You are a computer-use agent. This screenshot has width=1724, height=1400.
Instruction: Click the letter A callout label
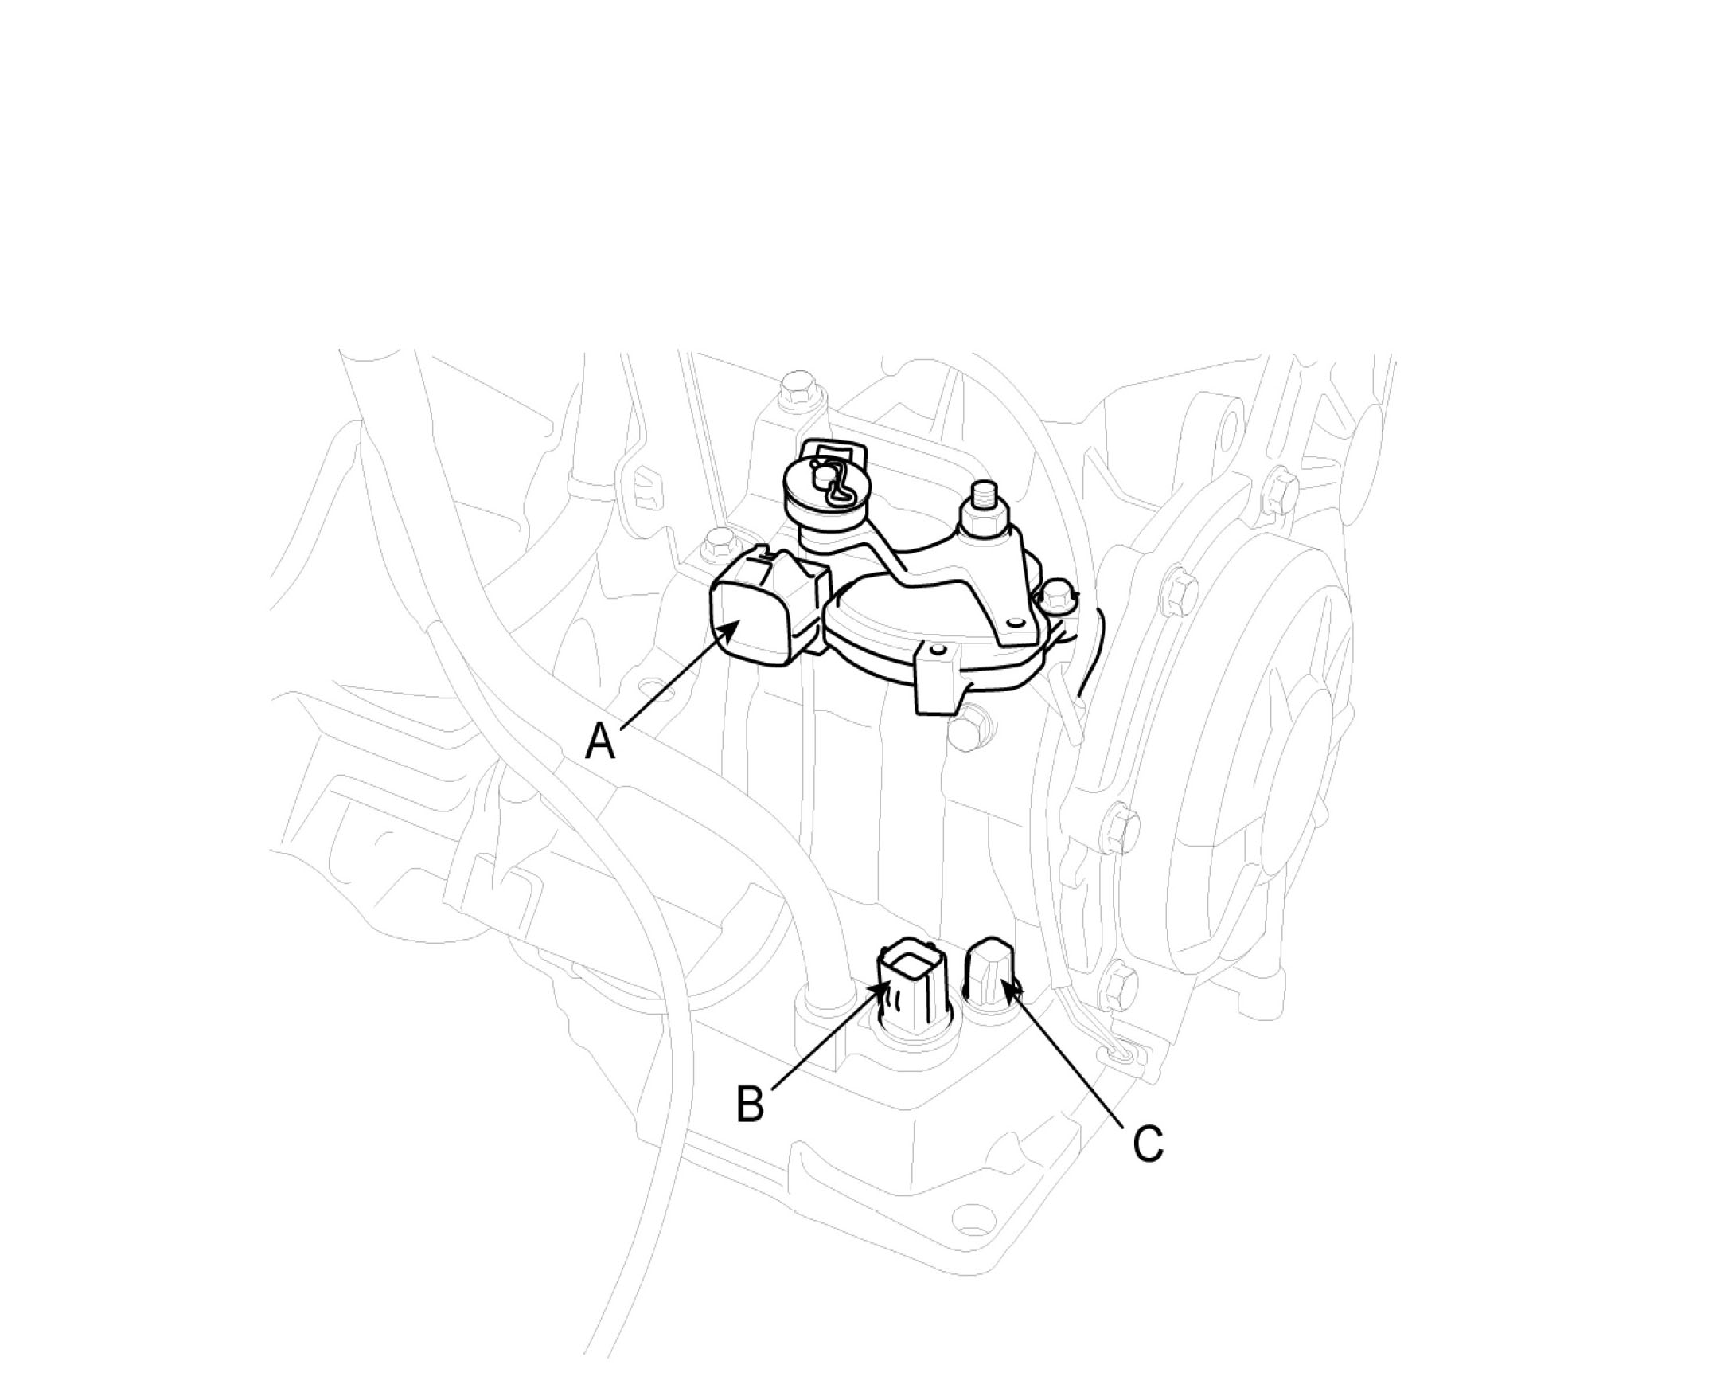click(600, 741)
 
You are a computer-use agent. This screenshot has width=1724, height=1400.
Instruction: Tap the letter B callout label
click(750, 1104)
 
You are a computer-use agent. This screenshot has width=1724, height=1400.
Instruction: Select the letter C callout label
click(1148, 1143)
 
